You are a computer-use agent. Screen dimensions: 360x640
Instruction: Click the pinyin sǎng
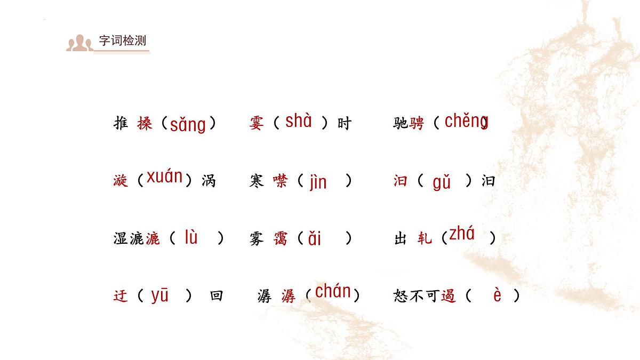(188, 125)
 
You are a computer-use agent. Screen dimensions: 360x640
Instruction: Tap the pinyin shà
(299, 121)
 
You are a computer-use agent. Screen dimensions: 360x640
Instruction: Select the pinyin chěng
(466, 121)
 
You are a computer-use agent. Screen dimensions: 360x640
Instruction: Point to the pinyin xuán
(165, 177)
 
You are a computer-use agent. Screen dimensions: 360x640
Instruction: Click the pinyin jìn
(318, 182)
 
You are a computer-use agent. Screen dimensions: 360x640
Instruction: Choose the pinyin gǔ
(442, 182)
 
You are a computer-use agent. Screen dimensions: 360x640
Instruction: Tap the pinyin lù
(191, 237)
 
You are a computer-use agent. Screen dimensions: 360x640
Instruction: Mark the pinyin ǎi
(315, 238)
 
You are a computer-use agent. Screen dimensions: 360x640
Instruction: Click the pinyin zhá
(462, 234)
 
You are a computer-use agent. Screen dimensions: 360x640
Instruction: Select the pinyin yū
(159, 295)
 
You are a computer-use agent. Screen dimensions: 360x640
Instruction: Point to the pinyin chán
(333, 291)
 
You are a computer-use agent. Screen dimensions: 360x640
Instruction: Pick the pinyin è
(497, 295)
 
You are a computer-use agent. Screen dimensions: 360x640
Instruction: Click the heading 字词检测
(123, 41)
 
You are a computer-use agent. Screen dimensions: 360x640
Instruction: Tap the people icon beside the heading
(79, 43)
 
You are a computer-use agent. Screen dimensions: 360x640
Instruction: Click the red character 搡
(145, 124)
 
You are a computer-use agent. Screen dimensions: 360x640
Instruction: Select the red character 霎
(256, 124)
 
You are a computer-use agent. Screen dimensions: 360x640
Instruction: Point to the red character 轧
(425, 238)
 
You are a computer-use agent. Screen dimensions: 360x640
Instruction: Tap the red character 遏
(449, 295)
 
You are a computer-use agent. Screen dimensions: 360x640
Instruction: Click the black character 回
(216, 295)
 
